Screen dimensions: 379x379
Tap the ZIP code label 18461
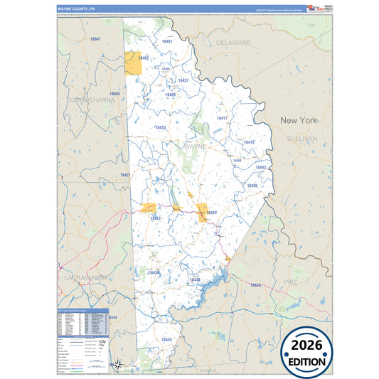coord(167,42)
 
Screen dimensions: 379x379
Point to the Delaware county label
coord(234,43)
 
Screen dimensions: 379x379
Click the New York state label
coord(299,120)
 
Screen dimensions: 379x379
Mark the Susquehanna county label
coord(90,100)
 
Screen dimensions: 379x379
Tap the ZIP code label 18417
coord(222,117)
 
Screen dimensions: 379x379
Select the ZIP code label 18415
coord(249,142)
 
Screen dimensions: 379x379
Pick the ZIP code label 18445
coord(167,340)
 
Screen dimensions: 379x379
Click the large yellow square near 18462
coord(132,63)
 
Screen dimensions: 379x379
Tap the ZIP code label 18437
coord(183,80)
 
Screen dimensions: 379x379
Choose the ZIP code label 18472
coord(155,218)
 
